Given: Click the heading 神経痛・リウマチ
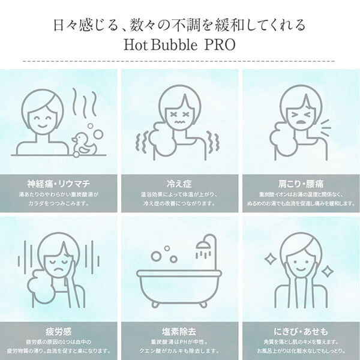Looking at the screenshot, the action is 58,184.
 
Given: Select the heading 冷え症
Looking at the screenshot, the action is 179,184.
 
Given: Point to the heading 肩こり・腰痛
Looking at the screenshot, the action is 301,184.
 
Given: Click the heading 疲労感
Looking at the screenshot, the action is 58,332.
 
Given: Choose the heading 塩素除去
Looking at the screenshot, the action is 179,332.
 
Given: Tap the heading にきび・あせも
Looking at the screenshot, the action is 301,332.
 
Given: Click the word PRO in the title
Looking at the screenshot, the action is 220,45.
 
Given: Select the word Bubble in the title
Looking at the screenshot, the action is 174,45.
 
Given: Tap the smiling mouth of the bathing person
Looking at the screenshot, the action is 42,126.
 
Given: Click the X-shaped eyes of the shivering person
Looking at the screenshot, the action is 179,114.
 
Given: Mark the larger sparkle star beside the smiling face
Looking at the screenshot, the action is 270,259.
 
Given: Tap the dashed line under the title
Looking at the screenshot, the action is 179,61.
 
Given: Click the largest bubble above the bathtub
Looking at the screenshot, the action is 157,256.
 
